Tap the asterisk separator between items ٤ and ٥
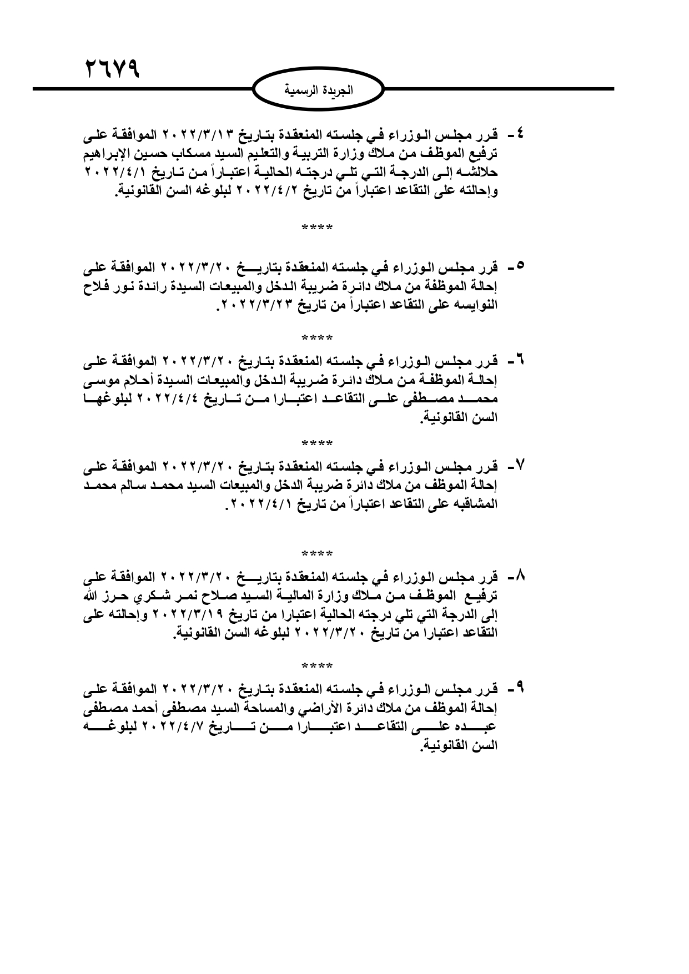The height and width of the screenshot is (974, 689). [x=317, y=228]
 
